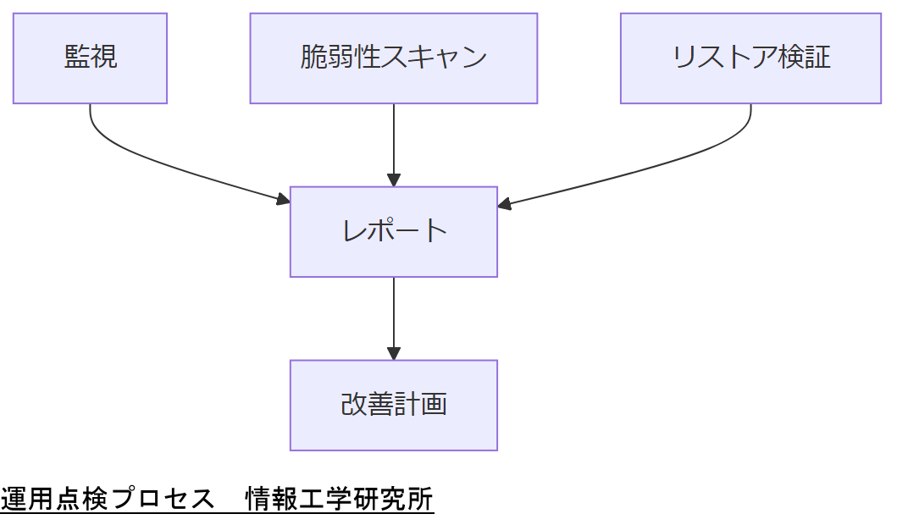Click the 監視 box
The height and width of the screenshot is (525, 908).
coord(90,58)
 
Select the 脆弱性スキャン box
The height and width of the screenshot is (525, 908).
coord(393,58)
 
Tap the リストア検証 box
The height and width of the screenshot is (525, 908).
coord(750,58)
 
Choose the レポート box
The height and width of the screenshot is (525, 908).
coord(393,231)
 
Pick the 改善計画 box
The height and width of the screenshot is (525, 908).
coord(393,405)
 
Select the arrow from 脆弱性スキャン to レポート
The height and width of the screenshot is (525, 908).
coord(393,144)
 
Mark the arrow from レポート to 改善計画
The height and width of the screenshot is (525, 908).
coord(393,318)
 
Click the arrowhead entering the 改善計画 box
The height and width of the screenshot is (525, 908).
coord(393,354)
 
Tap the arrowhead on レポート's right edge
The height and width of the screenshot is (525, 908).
coord(505,203)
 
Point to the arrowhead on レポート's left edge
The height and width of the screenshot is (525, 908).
coord(283,200)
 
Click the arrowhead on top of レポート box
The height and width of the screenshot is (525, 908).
coord(393,180)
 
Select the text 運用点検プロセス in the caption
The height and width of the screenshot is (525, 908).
coord(108,500)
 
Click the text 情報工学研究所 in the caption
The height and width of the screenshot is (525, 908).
coord(339,500)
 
